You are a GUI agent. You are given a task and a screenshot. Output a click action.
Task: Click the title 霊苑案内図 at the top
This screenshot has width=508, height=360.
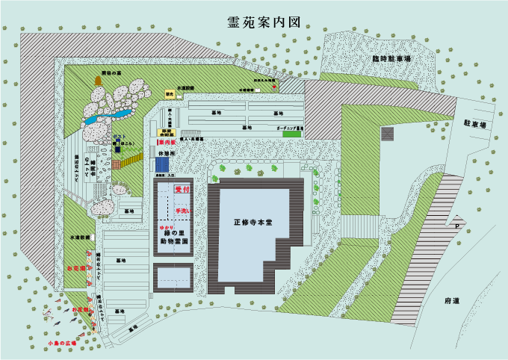264,22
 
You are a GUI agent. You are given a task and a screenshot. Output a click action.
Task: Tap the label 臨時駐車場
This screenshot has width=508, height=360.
391,58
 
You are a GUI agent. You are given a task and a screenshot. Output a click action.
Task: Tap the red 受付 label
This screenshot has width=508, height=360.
182,190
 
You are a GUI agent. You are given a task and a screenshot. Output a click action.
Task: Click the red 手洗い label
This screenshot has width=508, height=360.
183,211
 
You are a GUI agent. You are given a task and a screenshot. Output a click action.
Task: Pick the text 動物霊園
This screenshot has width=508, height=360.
174,241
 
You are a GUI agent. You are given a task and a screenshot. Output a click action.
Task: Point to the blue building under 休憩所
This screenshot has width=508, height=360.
162,164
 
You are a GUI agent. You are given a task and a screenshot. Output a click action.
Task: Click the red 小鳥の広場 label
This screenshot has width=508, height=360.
62,343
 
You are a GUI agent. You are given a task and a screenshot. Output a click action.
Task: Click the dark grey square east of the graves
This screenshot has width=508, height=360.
387,134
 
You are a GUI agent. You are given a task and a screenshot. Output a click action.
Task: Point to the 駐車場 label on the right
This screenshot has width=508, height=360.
474,124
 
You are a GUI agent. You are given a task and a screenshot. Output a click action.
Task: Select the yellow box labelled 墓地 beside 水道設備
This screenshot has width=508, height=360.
170,95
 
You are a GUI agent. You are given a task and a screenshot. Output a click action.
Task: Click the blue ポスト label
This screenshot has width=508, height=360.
117,135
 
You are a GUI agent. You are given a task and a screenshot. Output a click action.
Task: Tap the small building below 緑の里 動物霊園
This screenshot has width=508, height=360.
173,277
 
